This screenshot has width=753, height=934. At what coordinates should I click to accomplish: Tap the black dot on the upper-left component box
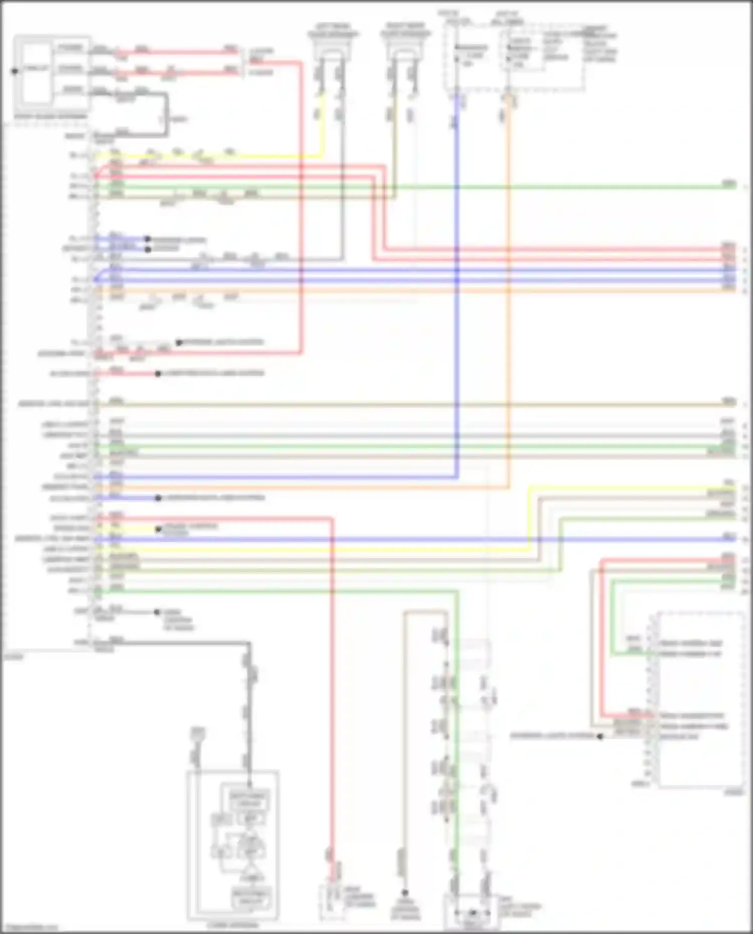pos(15,71)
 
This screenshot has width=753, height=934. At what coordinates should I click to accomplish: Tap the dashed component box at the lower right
pos(700,700)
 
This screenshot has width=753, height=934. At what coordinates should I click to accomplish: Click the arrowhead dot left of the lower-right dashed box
pos(600,736)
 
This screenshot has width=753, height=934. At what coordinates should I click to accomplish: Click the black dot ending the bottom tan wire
pos(405,892)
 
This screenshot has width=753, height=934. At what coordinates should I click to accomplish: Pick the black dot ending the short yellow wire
pos(159,529)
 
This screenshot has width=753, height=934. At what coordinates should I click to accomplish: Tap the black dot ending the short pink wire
pos(158,374)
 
